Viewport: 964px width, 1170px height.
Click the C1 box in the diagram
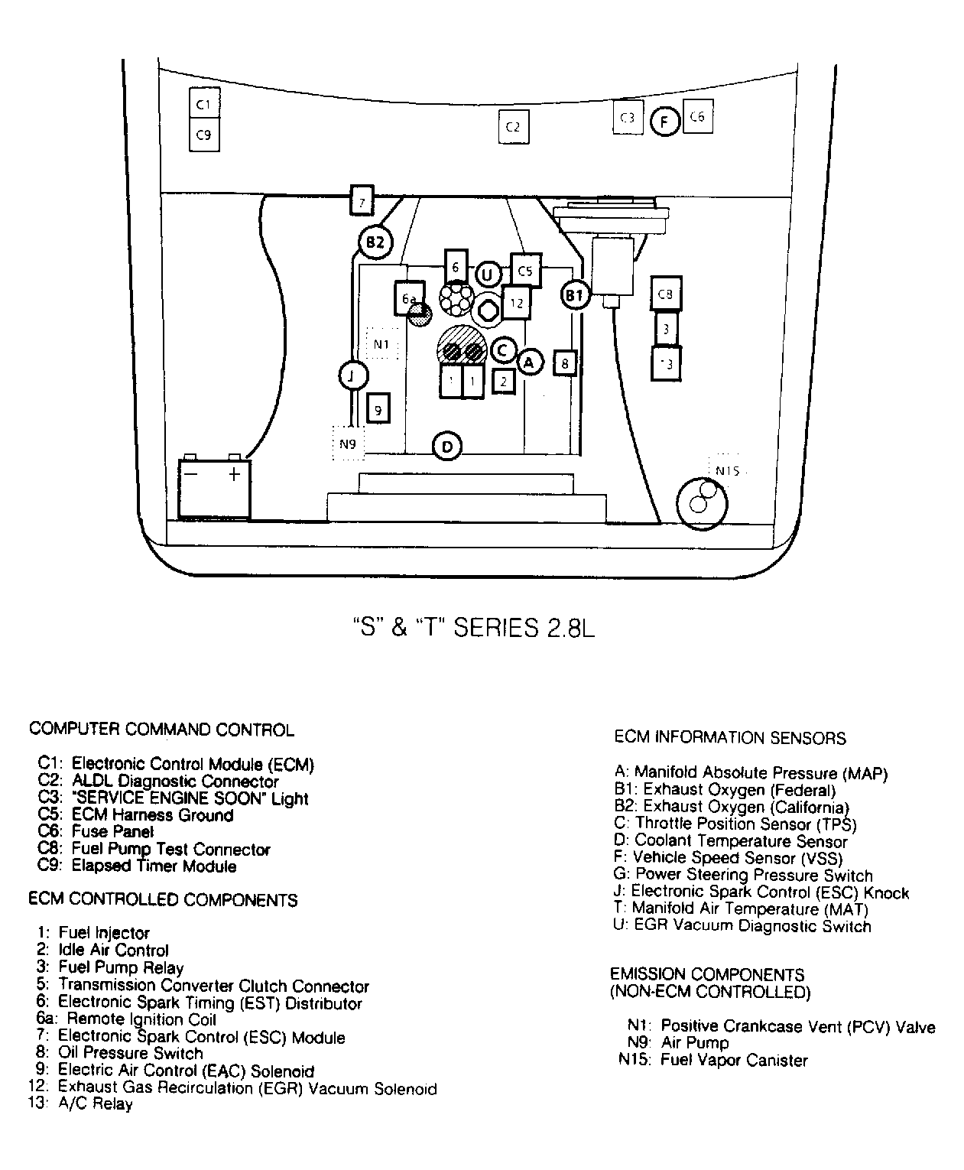(204, 104)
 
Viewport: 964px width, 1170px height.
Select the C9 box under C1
(204, 135)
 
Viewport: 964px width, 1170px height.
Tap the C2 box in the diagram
(513, 127)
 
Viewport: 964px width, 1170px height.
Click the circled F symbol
(664, 122)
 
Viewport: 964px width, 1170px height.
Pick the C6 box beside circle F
(697, 117)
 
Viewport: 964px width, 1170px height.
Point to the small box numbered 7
(362, 202)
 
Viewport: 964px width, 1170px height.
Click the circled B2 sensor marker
(375, 243)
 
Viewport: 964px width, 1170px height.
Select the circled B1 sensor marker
(575, 294)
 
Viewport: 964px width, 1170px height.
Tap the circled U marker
(488, 274)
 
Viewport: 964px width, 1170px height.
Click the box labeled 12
(517, 303)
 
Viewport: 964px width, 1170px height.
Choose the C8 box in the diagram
(666, 294)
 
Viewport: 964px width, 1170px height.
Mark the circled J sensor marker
(352, 375)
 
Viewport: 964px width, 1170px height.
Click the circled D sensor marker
(447, 446)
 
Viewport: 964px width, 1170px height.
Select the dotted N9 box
(348, 444)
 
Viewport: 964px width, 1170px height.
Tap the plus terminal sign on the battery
(234, 474)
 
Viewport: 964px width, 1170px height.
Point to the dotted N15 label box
(727, 471)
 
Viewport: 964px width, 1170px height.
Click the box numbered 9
(378, 409)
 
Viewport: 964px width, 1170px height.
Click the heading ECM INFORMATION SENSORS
(730, 738)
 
